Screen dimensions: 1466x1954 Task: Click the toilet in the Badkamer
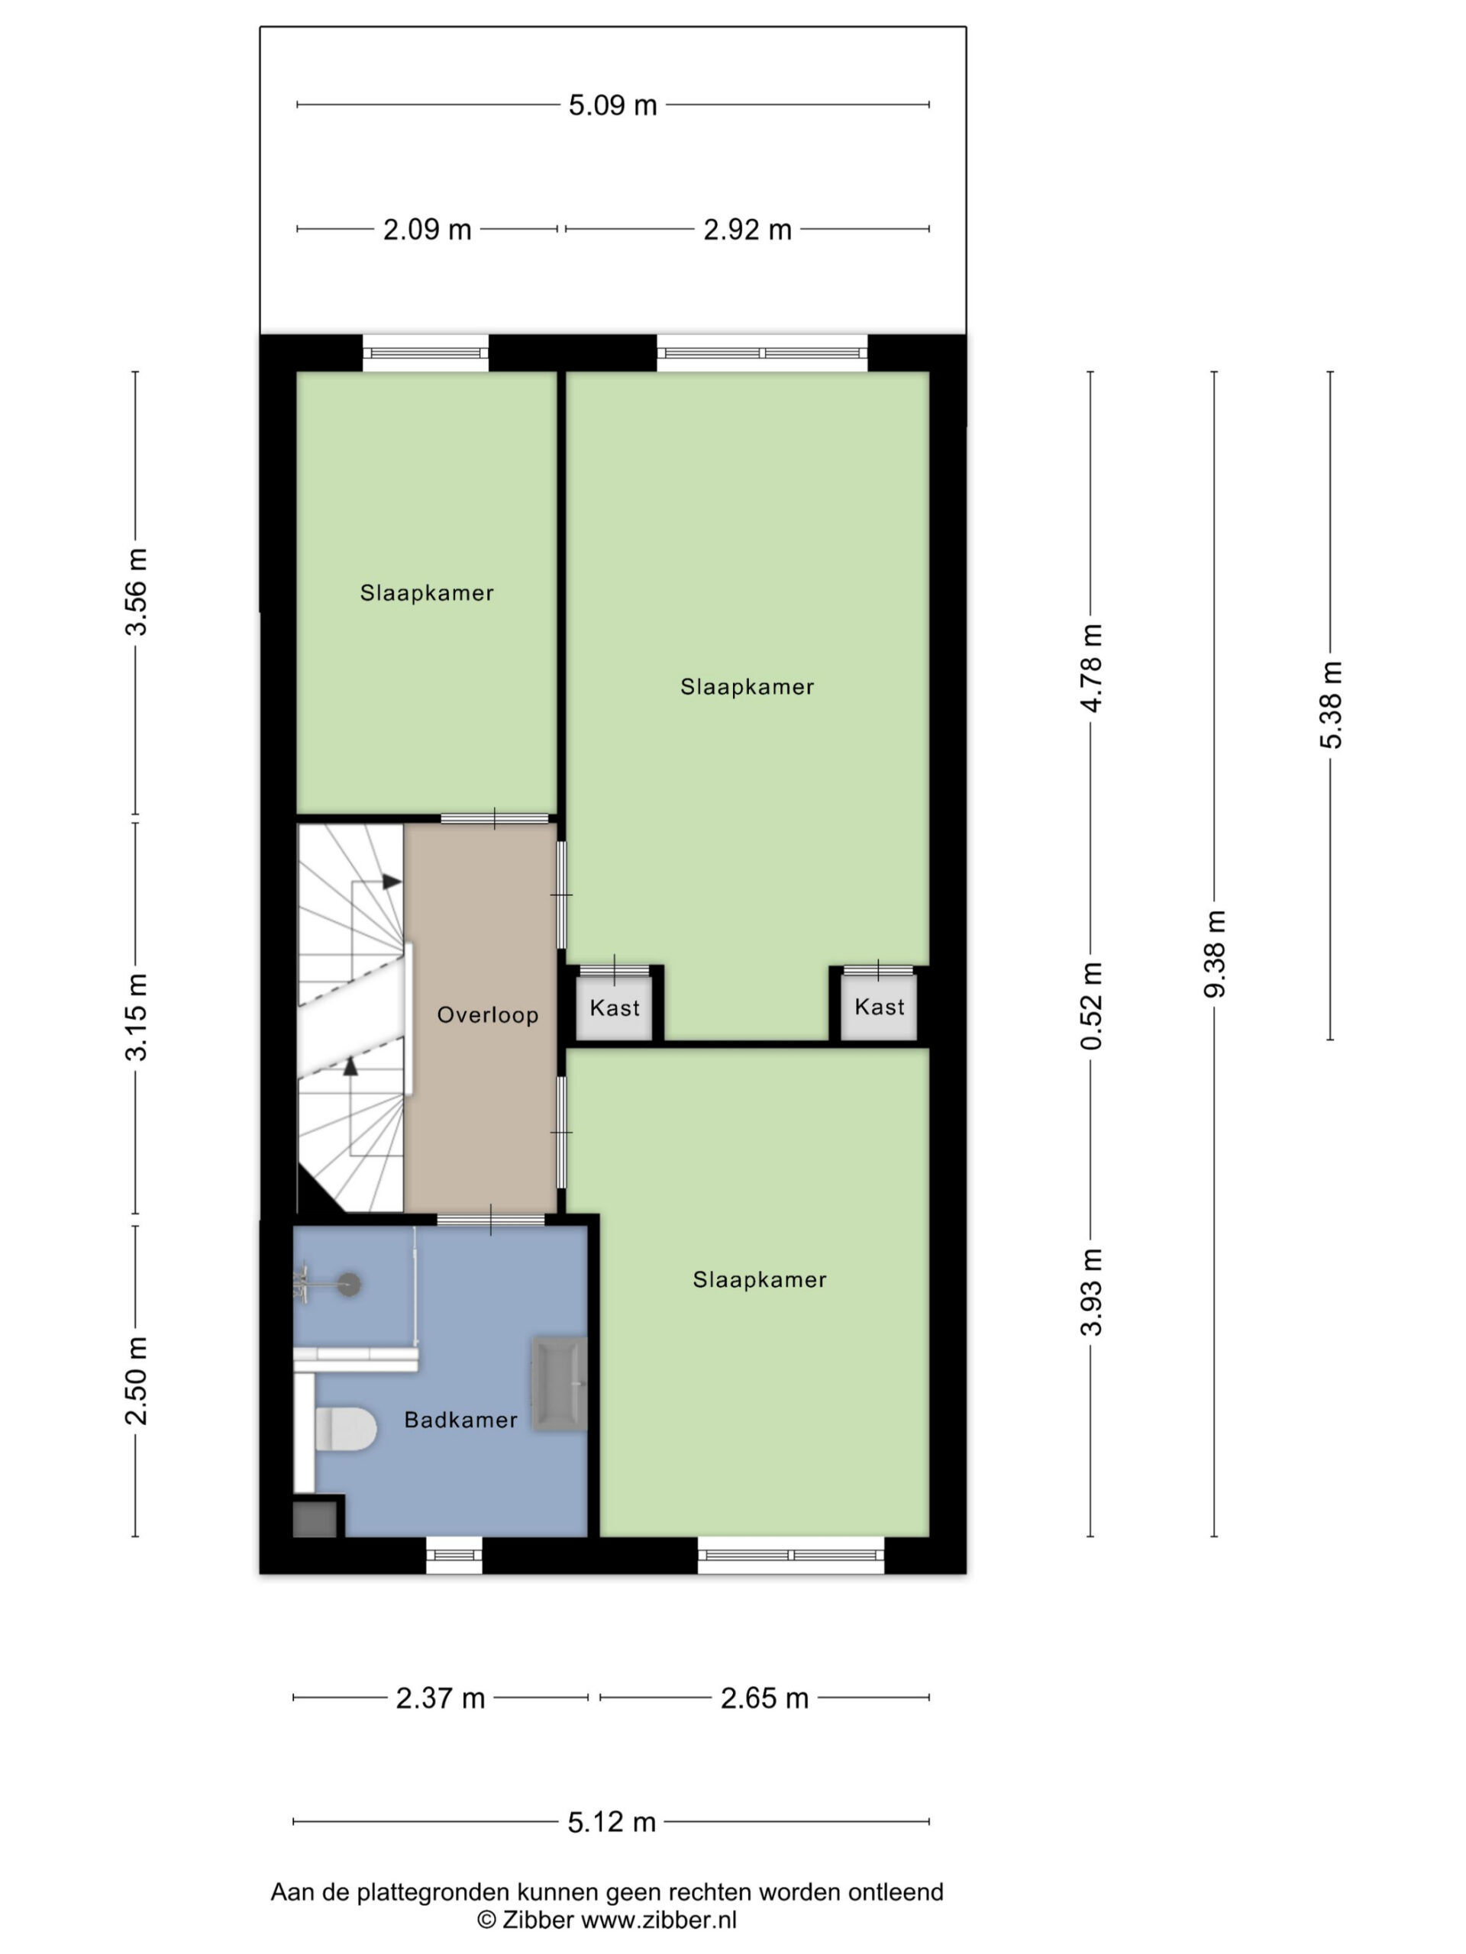tap(346, 1428)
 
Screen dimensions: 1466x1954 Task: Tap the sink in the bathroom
tap(558, 1385)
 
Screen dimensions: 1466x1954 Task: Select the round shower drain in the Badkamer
tap(350, 1285)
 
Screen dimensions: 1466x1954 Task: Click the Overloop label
tap(488, 1015)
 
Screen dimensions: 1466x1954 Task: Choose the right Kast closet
tap(880, 1007)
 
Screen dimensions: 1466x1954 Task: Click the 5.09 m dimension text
tap(612, 106)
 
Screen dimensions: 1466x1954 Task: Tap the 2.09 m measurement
tap(427, 230)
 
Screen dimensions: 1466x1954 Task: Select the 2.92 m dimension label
tap(748, 230)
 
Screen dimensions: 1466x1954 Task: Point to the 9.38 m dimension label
tap(1215, 954)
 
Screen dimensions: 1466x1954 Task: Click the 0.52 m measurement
tap(1091, 1007)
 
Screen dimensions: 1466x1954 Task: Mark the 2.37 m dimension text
tap(440, 1698)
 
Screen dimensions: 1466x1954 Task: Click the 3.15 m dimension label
tap(136, 1017)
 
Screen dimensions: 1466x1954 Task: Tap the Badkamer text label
tap(460, 1420)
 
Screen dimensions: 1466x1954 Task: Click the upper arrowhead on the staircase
tap(392, 882)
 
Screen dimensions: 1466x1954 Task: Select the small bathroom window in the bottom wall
tap(454, 1555)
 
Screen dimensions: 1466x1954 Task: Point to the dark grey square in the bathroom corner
tap(315, 1518)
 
